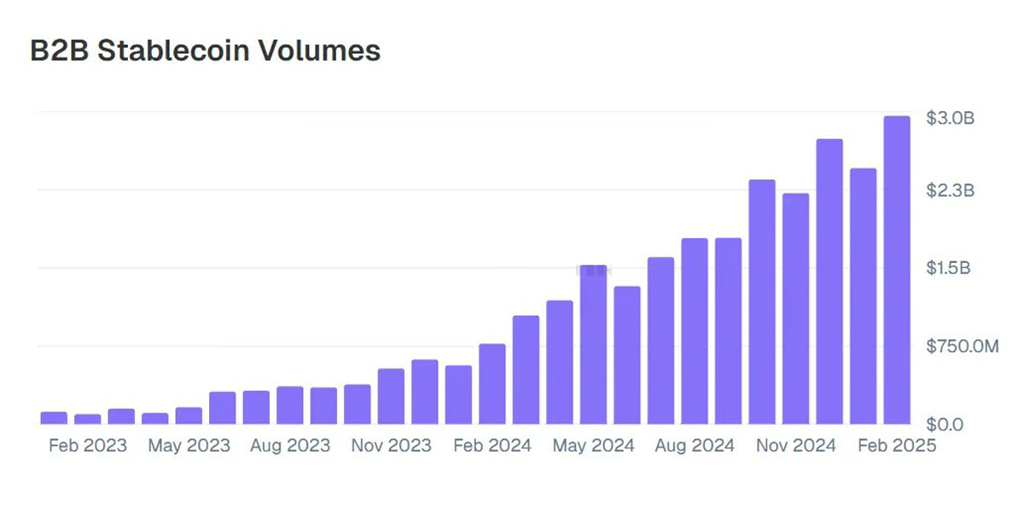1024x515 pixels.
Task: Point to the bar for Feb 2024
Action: [492, 383]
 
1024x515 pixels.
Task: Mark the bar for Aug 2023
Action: [290, 405]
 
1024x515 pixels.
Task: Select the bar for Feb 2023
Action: [87, 418]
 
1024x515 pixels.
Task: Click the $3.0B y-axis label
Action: [950, 118]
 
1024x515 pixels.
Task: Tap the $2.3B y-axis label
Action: [950, 190]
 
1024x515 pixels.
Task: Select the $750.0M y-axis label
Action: [962, 346]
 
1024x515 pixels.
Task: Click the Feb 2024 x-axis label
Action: [492, 446]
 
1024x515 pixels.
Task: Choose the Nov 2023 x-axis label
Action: [391, 446]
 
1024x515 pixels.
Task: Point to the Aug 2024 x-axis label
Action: [695, 446]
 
